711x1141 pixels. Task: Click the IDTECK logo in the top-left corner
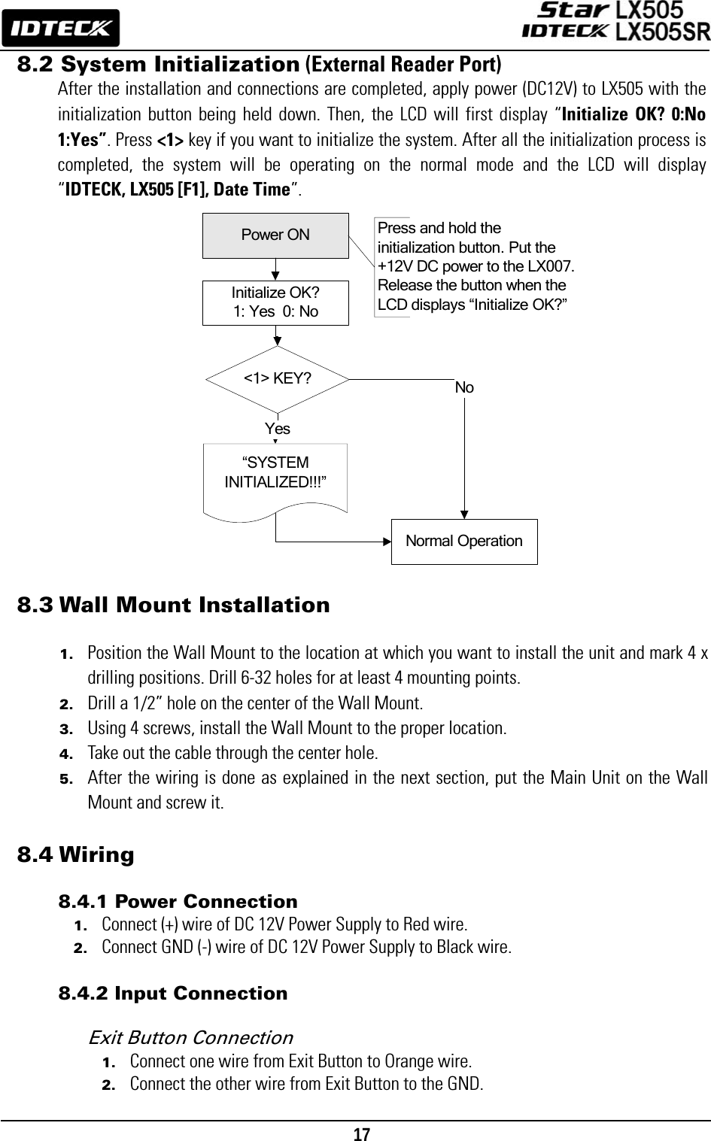[61, 28]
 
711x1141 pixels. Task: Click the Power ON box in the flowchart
[275, 235]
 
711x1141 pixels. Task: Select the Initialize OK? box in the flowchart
[275, 302]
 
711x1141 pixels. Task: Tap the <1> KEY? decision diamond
[278, 378]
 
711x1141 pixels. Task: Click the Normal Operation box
[464, 541]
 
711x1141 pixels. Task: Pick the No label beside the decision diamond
[464, 388]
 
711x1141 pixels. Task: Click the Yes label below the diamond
[278, 429]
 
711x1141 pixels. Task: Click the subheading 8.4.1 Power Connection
[178, 901]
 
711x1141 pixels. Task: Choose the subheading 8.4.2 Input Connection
[173, 993]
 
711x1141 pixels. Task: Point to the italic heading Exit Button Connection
[190, 1038]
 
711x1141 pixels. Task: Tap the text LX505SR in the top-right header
[662, 32]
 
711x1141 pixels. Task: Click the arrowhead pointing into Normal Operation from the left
[387, 541]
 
